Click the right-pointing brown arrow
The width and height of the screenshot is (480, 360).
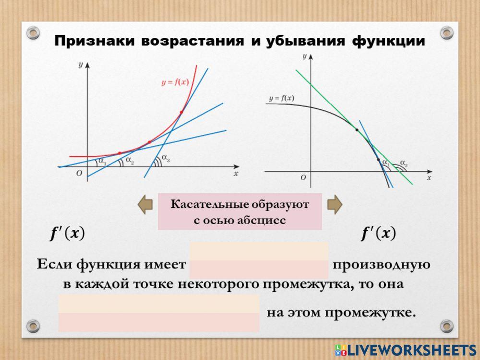[335, 204]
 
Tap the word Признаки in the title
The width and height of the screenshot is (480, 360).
[94, 41]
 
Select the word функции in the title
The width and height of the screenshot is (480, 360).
[388, 41]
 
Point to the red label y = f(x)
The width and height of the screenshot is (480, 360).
[175, 82]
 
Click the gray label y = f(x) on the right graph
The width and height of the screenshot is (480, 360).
[282, 98]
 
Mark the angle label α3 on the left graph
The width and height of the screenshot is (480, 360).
[166, 158]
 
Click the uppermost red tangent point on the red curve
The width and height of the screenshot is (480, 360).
[181, 112]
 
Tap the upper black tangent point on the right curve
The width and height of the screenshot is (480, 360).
[357, 130]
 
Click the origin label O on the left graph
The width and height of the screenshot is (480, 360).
[79, 173]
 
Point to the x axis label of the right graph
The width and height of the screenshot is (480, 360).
[429, 178]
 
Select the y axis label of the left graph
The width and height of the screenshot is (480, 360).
[81, 65]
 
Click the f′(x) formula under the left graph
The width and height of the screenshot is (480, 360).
[67, 234]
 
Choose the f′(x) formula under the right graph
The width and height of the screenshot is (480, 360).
[378, 234]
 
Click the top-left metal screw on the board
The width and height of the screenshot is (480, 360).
[33, 33]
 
